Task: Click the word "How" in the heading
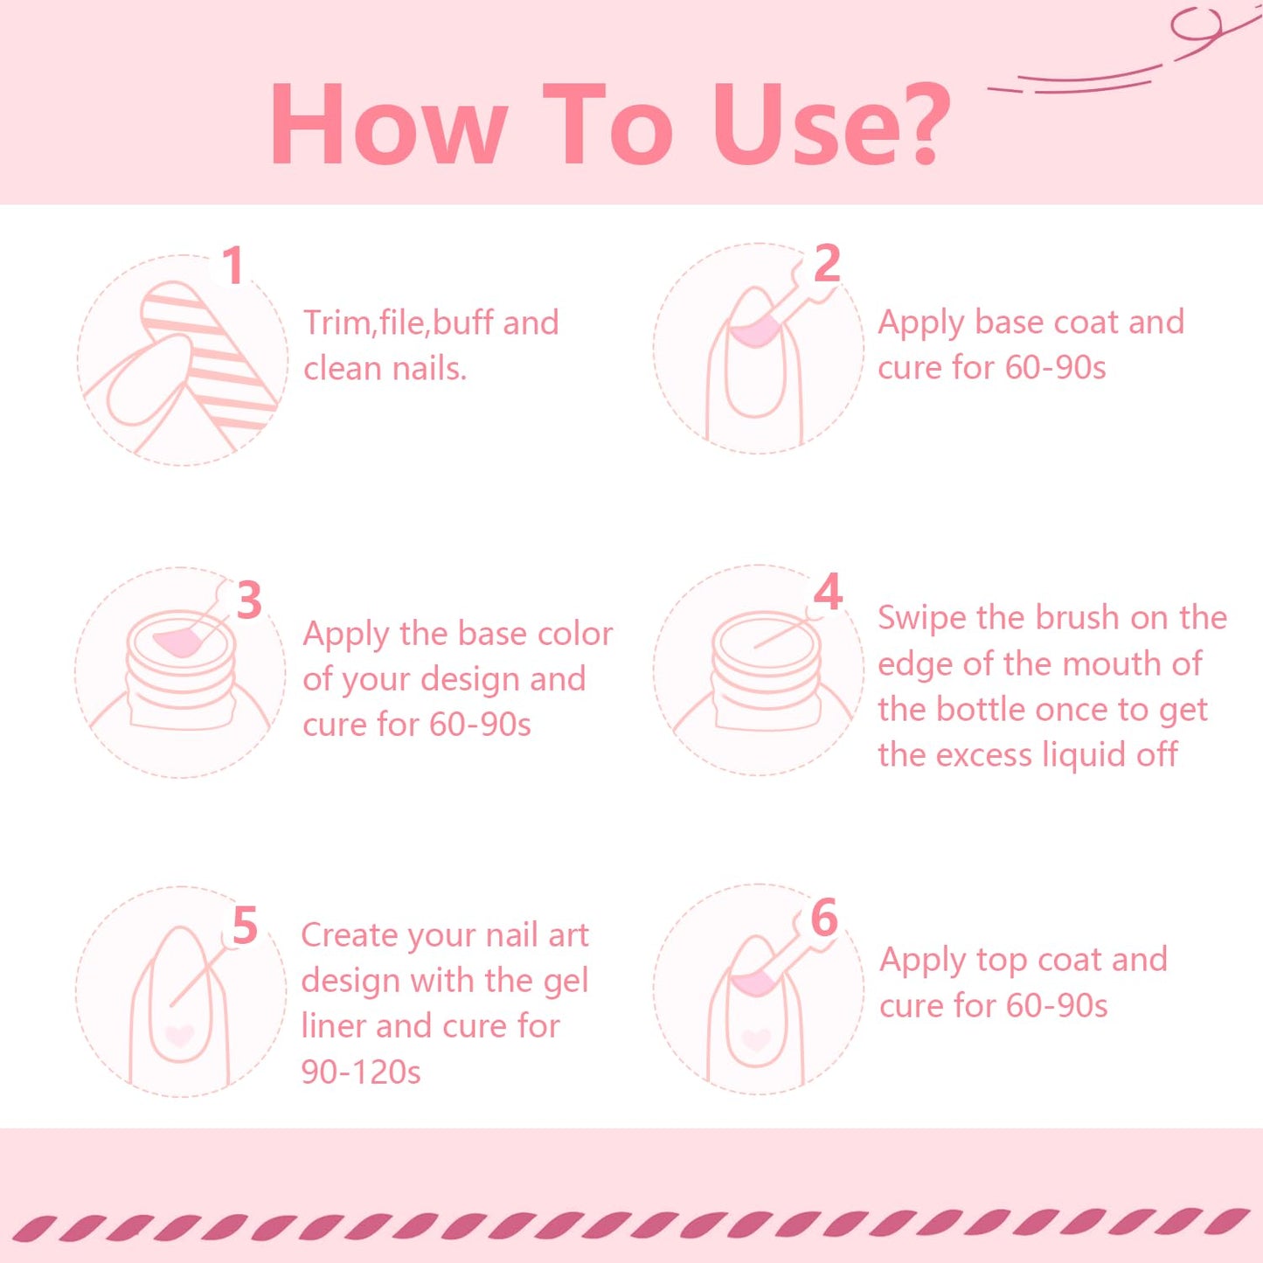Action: [x=388, y=125]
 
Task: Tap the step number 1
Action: [x=232, y=266]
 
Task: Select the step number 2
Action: [x=827, y=263]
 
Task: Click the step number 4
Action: [x=828, y=593]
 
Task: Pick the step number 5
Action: [x=245, y=926]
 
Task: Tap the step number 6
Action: [x=824, y=919]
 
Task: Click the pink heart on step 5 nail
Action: [x=180, y=1036]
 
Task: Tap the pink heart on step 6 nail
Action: [x=756, y=1039]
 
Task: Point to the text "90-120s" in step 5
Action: [x=361, y=1072]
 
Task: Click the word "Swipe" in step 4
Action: [x=923, y=618]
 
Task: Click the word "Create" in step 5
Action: [x=350, y=935]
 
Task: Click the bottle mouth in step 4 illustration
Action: [x=767, y=634]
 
